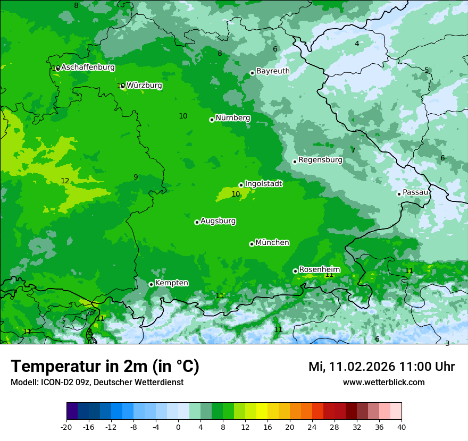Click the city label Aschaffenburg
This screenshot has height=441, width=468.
[x=88, y=67]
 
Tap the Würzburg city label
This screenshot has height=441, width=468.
[x=144, y=86]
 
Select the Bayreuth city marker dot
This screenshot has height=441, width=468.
[x=252, y=73]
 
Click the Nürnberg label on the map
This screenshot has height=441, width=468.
[x=232, y=118]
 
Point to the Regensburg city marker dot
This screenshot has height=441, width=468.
[x=295, y=162]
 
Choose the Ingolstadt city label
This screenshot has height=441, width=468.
[x=263, y=184]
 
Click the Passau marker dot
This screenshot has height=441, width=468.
[x=399, y=194]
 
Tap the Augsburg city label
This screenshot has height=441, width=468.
[x=218, y=221]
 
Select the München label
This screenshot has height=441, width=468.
[x=272, y=243]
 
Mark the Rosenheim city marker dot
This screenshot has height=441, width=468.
[x=295, y=271]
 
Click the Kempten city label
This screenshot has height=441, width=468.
[x=171, y=283]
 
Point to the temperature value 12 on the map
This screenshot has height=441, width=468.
[x=65, y=181]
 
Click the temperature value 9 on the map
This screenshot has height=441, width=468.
[x=136, y=177]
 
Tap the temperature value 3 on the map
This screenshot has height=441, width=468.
[x=447, y=344]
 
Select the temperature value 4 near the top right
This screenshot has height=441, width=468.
[x=357, y=44]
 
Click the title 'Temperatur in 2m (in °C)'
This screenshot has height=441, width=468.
[x=105, y=367]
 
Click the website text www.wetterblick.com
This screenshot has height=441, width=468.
[x=383, y=383]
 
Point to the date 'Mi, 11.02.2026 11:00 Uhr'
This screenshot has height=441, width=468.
[x=381, y=367]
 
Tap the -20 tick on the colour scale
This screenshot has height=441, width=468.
[x=66, y=427]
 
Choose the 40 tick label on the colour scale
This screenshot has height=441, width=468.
[x=401, y=427]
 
